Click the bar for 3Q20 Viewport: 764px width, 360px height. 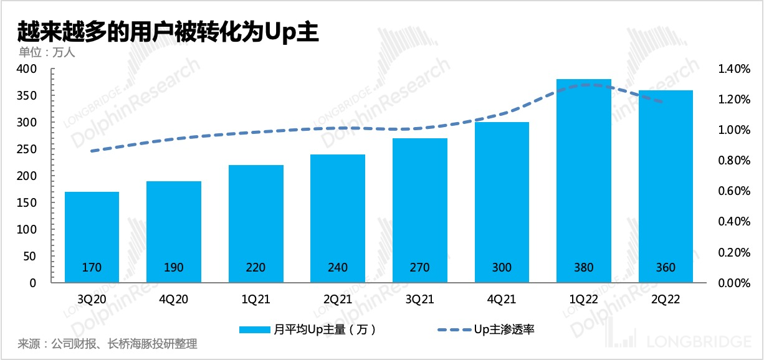click(x=92, y=237)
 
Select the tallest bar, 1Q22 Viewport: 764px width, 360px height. click(x=584, y=181)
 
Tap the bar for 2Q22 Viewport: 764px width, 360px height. click(x=666, y=187)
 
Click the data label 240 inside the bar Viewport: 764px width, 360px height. click(x=337, y=268)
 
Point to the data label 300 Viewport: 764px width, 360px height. click(x=502, y=268)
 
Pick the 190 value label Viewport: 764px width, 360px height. click(x=173, y=268)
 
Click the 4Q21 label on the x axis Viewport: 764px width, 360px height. click(x=502, y=300)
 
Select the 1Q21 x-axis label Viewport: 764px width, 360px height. click(x=255, y=300)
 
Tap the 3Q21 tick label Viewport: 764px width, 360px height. click(x=419, y=300)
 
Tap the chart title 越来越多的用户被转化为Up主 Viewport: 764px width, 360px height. click(x=168, y=31)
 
